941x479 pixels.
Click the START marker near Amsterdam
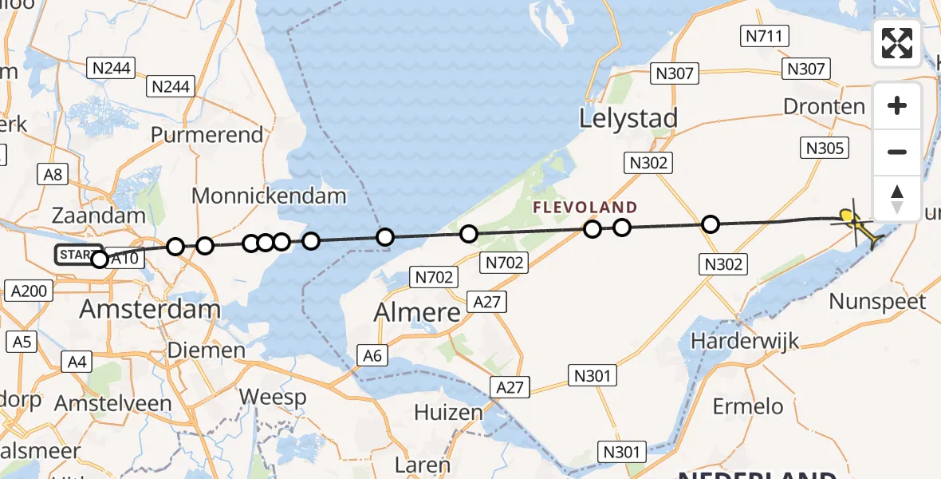[x=78, y=255]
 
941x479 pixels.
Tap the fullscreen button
[x=897, y=43]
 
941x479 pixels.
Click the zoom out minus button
[x=897, y=152]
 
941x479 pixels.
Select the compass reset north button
[x=897, y=198]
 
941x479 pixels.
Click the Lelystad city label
[x=628, y=118]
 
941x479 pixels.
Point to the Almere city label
[x=417, y=312]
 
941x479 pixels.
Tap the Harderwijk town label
[x=745, y=342]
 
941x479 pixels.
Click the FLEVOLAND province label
[x=586, y=208]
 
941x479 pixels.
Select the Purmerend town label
[x=207, y=134]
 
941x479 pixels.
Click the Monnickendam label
[x=270, y=196]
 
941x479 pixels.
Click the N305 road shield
[x=824, y=148]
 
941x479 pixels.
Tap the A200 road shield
[x=30, y=291]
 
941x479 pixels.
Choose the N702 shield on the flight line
[x=504, y=261]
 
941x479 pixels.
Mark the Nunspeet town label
[x=877, y=302]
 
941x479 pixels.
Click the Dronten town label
[x=824, y=106]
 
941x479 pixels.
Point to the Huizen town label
[x=448, y=413]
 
